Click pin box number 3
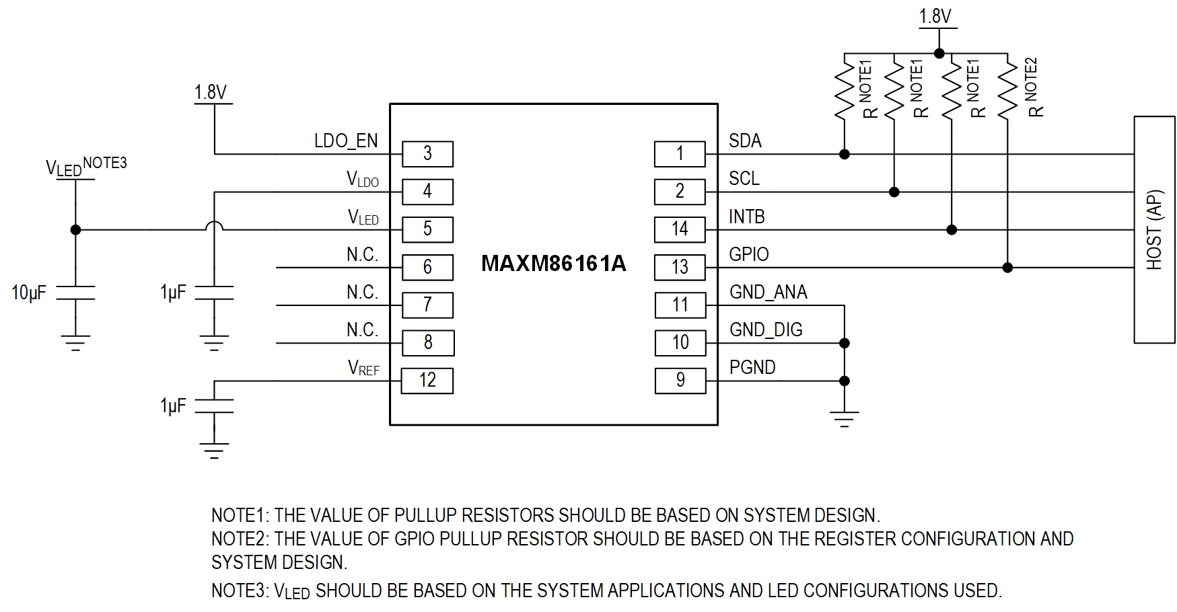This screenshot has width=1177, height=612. coord(427,154)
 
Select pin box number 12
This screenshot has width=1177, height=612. coord(427,381)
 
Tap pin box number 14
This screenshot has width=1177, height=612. coord(680,229)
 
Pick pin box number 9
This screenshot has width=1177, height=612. coord(680,381)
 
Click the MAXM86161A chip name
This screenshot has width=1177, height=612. coord(553,264)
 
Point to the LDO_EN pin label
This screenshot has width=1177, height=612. coord(346,141)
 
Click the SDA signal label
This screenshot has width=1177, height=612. coord(745,141)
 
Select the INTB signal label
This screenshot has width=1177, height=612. coord(746,217)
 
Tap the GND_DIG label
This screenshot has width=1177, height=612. coord(766,330)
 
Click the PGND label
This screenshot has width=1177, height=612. coord(752,368)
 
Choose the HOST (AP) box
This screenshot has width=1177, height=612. coord(1154,229)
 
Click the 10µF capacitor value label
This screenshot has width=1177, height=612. coord(29,293)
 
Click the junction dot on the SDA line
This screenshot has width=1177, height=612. coord(845,155)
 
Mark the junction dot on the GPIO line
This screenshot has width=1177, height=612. coord(1007,268)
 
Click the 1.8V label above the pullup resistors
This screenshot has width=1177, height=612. coord(935,16)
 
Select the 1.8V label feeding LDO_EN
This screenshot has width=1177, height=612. coord(211,92)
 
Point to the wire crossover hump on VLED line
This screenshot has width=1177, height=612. coord(214,226)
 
